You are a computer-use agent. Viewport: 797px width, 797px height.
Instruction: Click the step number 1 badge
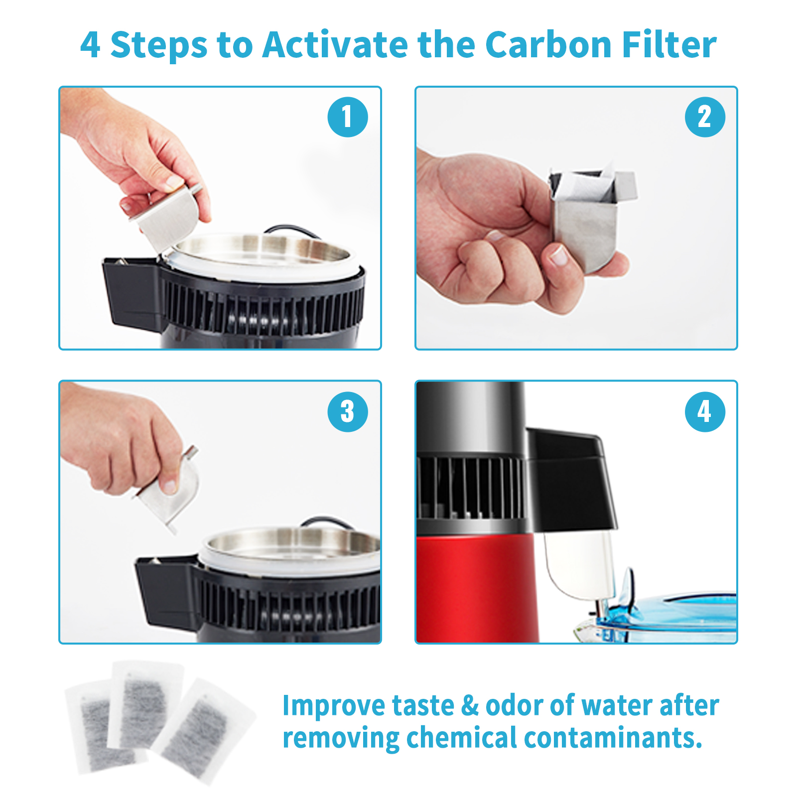pyautogui.click(x=348, y=117)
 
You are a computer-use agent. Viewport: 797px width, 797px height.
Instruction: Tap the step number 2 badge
pyautogui.click(x=705, y=117)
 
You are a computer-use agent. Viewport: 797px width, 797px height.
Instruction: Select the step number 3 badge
pyautogui.click(x=348, y=411)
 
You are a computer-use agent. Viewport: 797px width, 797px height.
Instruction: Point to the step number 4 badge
pyautogui.click(x=705, y=411)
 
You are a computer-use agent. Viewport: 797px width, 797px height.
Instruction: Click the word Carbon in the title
pyautogui.click(x=548, y=45)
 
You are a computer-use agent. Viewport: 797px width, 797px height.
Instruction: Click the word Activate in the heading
pyautogui.click(x=335, y=45)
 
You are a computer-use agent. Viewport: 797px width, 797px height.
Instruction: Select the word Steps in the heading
pyautogui.click(x=158, y=46)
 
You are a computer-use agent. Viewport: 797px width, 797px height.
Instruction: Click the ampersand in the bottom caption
pyautogui.click(x=470, y=705)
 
